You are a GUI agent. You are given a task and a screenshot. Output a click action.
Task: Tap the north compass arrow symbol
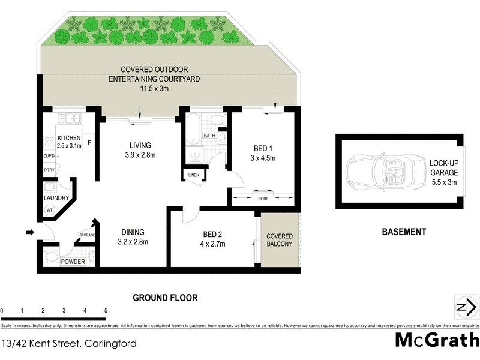click(463, 308)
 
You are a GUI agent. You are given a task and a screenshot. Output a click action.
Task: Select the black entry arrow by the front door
click(30, 232)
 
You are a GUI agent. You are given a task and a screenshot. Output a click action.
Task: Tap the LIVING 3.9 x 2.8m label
click(140, 150)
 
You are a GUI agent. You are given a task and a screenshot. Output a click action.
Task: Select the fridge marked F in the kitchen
click(89, 143)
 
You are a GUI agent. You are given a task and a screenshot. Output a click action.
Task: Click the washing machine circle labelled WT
click(50, 210)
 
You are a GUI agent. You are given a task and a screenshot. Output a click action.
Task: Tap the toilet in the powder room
click(52, 259)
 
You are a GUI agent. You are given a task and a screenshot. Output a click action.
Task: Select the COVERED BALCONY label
click(279, 240)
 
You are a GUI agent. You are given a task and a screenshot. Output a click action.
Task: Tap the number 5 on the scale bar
click(106, 310)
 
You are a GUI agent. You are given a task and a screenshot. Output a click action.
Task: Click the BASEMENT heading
click(404, 232)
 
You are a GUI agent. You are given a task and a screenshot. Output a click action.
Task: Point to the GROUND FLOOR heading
click(165, 297)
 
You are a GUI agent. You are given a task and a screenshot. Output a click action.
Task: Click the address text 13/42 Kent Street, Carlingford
click(68, 344)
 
